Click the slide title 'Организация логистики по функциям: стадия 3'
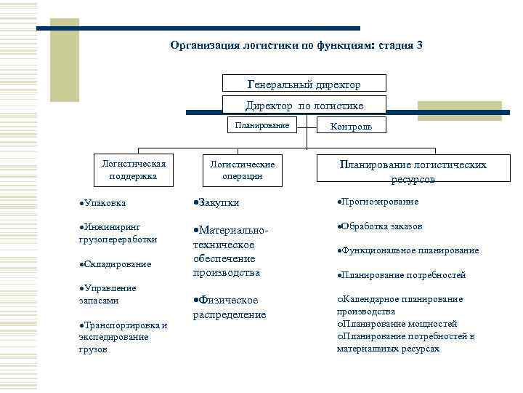tap(296, 45)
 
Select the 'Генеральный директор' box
tap(304, 84)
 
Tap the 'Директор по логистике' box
tap(304, 106)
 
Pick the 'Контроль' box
tap(351, 126)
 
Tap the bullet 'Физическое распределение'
tap(228, 307)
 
